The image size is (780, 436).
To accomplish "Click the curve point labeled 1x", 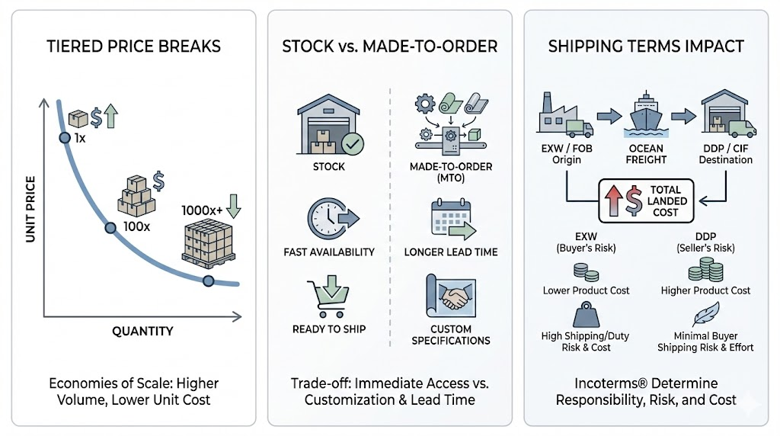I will coord(64,138).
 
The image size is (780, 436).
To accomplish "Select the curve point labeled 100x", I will coord(110,227).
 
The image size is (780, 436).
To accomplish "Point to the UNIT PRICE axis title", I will coord(30,210).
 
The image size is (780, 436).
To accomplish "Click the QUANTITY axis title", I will coord(142,331).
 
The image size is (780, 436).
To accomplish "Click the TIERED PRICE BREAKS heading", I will coord(133,46).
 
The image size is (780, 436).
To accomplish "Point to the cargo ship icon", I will coord(646,116).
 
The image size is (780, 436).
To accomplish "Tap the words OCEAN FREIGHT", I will coord(645,154).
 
